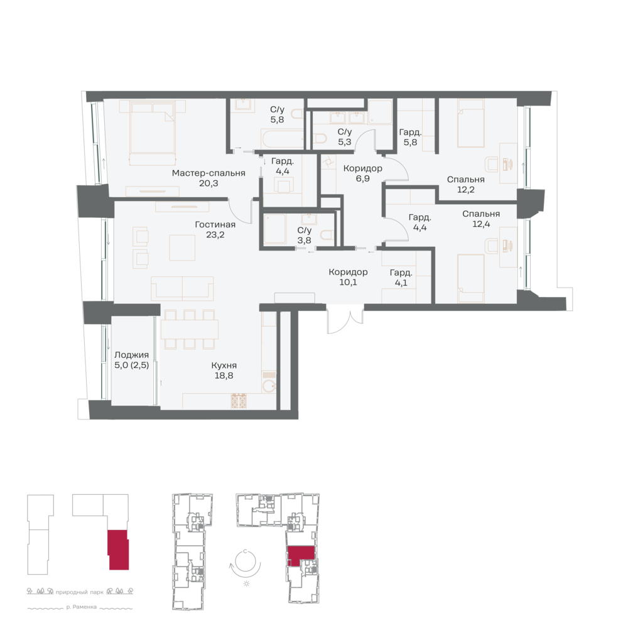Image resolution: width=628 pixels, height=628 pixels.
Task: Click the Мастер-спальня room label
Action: pyautogui.click(x=208, y=173)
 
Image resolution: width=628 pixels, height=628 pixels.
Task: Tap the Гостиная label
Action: pyautogui.click(x=215, y=224)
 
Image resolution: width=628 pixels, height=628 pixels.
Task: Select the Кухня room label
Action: pyautogui.click(x=224, y=365)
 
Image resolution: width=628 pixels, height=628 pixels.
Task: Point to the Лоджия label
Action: pyautogui.click(x=131, y=355)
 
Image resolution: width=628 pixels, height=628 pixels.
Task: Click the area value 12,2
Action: pyautogui.click(x=466, y=190)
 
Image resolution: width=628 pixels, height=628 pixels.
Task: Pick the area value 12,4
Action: pyautogui.click(x=481, y=224)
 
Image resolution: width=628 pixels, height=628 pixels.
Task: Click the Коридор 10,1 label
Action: pyautogui.click(x=348, y=277)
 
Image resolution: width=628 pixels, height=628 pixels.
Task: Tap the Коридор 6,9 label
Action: pyautogui.click(x=362, y=173)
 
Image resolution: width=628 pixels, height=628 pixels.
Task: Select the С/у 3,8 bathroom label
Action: pyautogui.click(x=305, y=235)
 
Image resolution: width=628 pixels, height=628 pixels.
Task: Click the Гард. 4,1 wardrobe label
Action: pyautogui.click(x=401, y=278)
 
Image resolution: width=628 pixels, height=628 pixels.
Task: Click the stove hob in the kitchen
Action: pyautogui.click(x=239, y=401)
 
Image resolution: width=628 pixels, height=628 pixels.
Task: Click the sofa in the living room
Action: pyautogui.click(x=182, y=288)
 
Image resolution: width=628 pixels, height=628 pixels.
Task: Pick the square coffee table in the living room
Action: pyautogui.click(x=182, y=248)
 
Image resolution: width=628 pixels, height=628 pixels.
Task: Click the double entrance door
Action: pyautogui.click(x=345, y=319)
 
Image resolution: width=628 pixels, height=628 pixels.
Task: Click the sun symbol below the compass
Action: pyautogui.click(x=246, y=583)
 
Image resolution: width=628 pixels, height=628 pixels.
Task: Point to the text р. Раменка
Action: pyautogui.click(x=82, y=607)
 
